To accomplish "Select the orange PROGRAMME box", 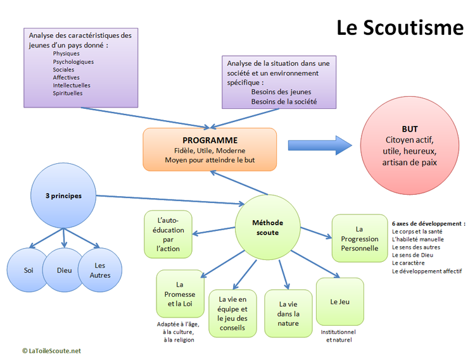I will coord(210,149).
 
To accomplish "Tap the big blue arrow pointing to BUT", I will coord(319,144).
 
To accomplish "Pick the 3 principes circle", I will coord(63,196).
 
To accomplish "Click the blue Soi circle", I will coord(28,270).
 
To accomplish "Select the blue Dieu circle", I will coord(64,270).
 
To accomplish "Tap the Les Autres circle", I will coord(99,270).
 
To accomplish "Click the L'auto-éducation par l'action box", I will coord(168,235).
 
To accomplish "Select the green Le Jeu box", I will coord(339,302).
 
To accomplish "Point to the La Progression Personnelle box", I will coord(359,238).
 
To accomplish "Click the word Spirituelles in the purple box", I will coord(68,93).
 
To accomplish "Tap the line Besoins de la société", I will coord(284,101).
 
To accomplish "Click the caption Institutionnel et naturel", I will coord(339,336).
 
